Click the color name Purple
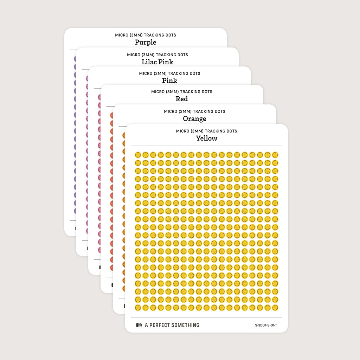tap(145, 42)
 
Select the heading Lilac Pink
tap(157, 62)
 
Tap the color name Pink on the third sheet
tap(169, 81)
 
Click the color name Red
tap(182, 99)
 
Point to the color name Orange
tap(194, 118)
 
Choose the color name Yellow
tap(206, 138)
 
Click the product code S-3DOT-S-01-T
tap(266, 325)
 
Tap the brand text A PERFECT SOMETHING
tap(172, 325)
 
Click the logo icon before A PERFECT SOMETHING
tap(139, 325)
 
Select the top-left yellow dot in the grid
tap(138, 155)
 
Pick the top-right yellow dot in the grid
tap(275, 155)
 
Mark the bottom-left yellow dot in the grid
tap(138, 308)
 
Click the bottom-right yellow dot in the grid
tap(275, 308)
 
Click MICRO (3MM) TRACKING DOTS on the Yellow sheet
tap(206, 131)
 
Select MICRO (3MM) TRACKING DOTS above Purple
tap(145, 35)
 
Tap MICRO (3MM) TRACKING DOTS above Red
tap(182, 92)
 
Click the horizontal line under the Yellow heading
tap(206, 146)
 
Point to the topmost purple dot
tap(75, 58)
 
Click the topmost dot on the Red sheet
tap(112, 115)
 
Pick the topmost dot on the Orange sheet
tap(124, 135)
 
